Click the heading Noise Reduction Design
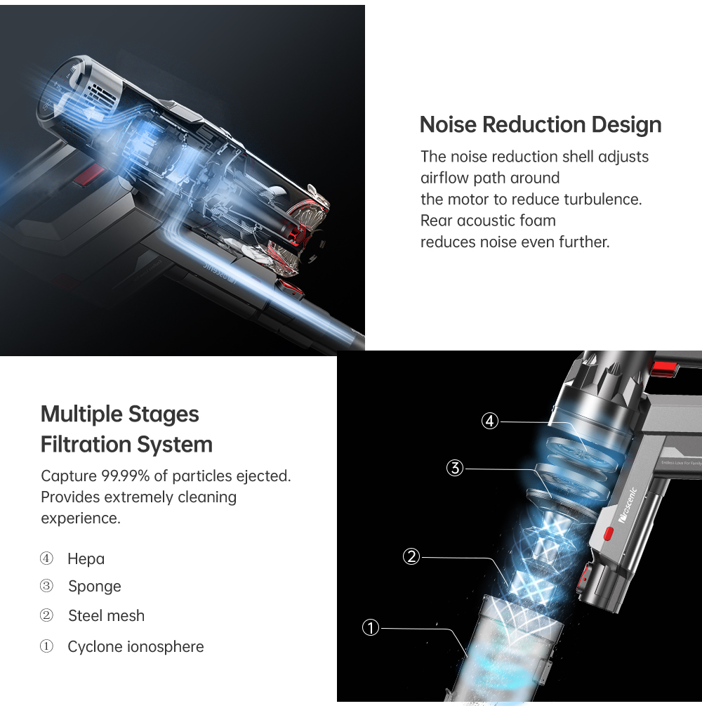pos(541,125)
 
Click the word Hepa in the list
pos(86,559)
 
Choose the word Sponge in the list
pos(95,587)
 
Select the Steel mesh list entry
pos(106,615)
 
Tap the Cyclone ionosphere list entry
pos(135,646)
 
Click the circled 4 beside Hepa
pos(46,558)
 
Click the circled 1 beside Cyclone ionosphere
pos(46,646)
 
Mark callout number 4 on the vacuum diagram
pos(490,421)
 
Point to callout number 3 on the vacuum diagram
pos(455,468)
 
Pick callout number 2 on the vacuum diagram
pos(411,556)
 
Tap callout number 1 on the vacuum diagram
pos(371,627)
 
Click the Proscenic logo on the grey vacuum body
pos(628,505)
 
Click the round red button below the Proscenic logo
pos(608,534)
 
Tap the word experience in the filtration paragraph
pos(81,518)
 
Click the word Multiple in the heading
pos(81,414)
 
